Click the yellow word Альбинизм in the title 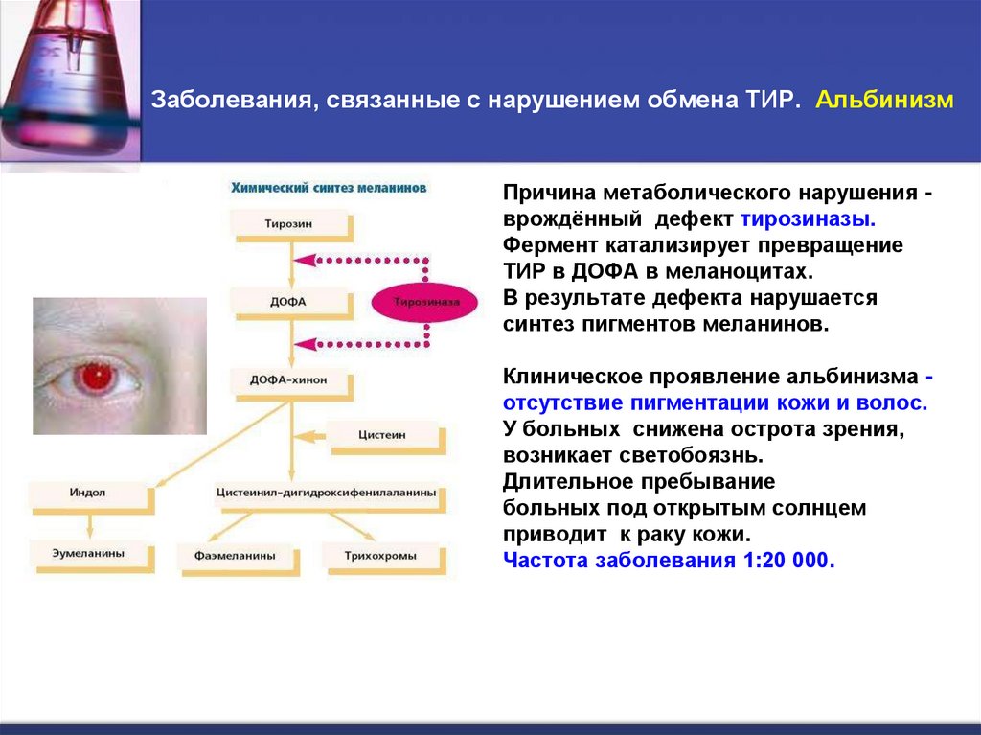pyautogui.click(x=884, y=101)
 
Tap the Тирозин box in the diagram pyautogui.click(x=288, y=223)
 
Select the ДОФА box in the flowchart pyautogui.click(x=288, y=302)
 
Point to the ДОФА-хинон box pyautogui.click(x=288, y=379)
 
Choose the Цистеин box pyautogui.click(x=384, y=434)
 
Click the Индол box pyautogui.click(x=88, y=493)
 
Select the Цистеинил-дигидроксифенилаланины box pyautogui.click(x=326, y=493)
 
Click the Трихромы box pyautogui.click(x=381, y=555)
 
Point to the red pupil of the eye pyautogui.click(x=95, y=378)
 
